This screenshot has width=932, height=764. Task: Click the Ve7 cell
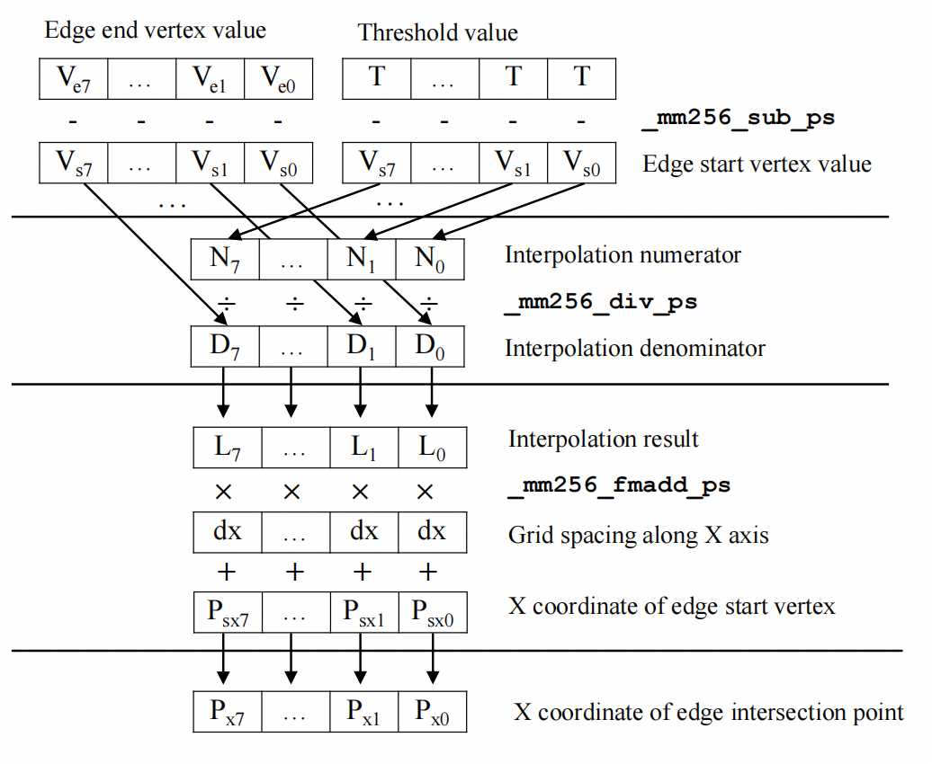coord(74,78)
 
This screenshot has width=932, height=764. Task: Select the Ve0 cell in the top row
coord(278,78)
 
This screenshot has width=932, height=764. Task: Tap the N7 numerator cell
coord(226,258)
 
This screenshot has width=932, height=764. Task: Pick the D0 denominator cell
coord(430,346)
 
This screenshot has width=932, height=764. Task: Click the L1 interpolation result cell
coord(362,447)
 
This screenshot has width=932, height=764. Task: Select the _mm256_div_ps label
coord(600,302)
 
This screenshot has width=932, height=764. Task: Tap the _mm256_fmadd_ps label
coord(618,486)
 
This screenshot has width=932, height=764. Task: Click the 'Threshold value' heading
coord(438,33)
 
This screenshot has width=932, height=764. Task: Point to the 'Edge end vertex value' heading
coord(156,31)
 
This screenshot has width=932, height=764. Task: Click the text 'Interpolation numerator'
coord(623,255)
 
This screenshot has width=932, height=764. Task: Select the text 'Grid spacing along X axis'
coord(638,536)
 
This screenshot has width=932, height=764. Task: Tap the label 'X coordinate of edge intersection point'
coord(708,714)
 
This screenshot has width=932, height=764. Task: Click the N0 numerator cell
coord(430,258)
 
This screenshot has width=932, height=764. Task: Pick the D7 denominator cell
coord(226,346)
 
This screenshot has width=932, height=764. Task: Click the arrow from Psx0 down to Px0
coord(433,658)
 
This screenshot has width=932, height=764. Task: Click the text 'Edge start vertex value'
coord(757,164)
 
